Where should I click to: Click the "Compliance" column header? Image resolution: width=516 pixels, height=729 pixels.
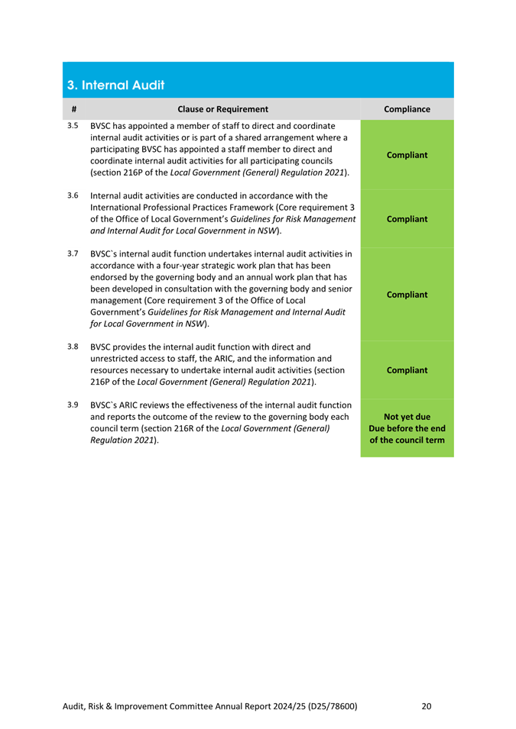(x=407, y=108)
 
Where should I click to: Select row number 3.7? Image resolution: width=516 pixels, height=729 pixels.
(x=73, y=253)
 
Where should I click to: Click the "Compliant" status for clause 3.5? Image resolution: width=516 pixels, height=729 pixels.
(x=407, y=154)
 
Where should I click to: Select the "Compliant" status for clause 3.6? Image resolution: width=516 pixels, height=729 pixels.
(x=407, y=218)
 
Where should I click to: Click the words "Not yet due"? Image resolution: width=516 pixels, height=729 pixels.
(x=407, y=417)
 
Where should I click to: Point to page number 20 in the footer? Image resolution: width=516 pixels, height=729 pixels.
(x=427, y=706)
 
